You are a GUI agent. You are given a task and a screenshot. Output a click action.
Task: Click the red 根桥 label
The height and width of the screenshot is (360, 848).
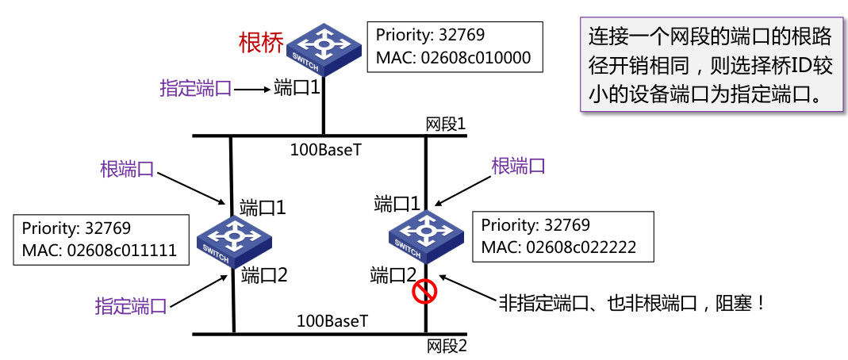click(261, 42)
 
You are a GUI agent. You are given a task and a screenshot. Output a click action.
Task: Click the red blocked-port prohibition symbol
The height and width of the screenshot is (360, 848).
click(424, 293)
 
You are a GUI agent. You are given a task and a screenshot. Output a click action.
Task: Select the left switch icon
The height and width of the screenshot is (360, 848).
click(233, 239)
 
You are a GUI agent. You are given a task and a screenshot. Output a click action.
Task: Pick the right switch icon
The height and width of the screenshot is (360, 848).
click(427, 236)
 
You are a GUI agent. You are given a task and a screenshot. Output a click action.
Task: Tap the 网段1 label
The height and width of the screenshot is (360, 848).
click(444, 124)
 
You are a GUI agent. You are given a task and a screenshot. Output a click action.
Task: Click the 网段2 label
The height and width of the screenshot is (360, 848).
click(446, 346)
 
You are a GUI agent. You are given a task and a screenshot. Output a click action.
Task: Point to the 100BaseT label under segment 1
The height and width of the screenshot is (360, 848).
click(325, 148)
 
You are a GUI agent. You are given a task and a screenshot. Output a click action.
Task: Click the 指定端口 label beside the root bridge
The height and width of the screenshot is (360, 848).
click(196, 88)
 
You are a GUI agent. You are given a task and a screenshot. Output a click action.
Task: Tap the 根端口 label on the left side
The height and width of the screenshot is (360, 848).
click(127, 168)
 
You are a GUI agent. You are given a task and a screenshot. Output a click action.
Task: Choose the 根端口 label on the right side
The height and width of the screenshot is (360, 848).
click(518, 166)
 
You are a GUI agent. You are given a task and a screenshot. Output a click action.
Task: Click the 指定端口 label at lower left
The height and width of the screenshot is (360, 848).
click(131, 305)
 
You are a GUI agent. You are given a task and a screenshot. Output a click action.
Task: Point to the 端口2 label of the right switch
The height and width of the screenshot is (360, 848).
click(393, 275)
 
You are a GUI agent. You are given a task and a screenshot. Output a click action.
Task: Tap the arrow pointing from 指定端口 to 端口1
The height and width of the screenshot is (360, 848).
click(253, 90)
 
